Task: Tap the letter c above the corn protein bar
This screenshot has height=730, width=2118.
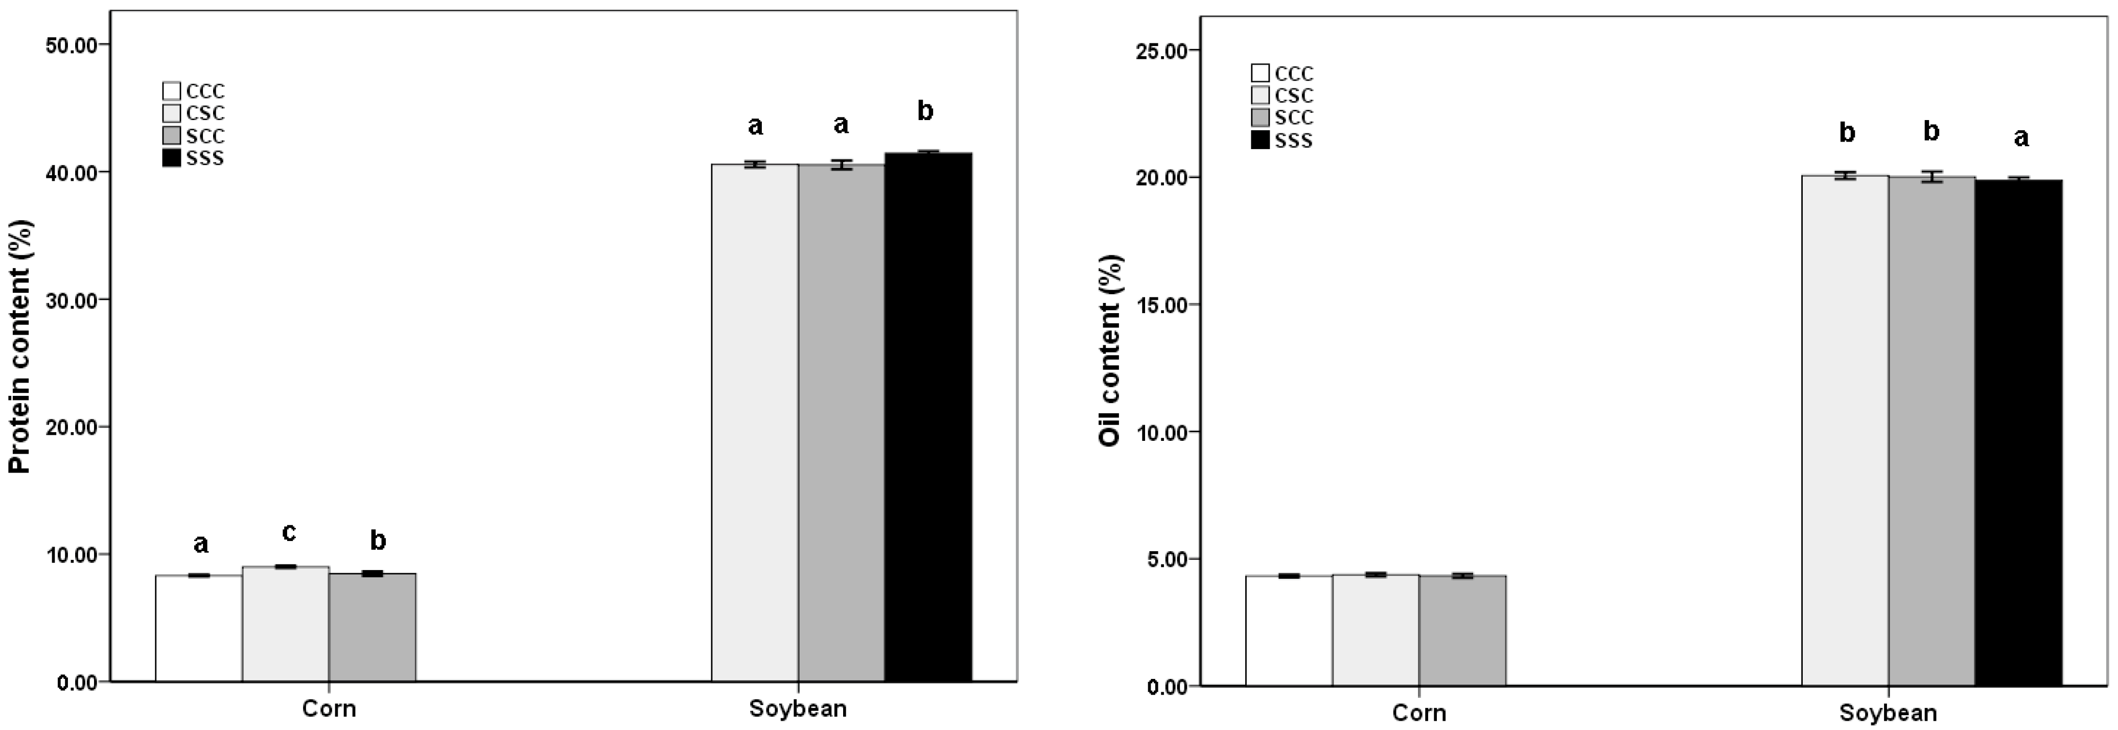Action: [x=289, y=533]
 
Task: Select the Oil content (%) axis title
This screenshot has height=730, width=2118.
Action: [x=1110, y=351]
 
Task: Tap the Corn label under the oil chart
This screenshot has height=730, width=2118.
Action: [x=1418, y=712]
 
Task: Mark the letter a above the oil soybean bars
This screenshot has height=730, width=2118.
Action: [x=2021, y=137]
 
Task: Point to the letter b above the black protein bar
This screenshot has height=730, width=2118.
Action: [x=925, y=111]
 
